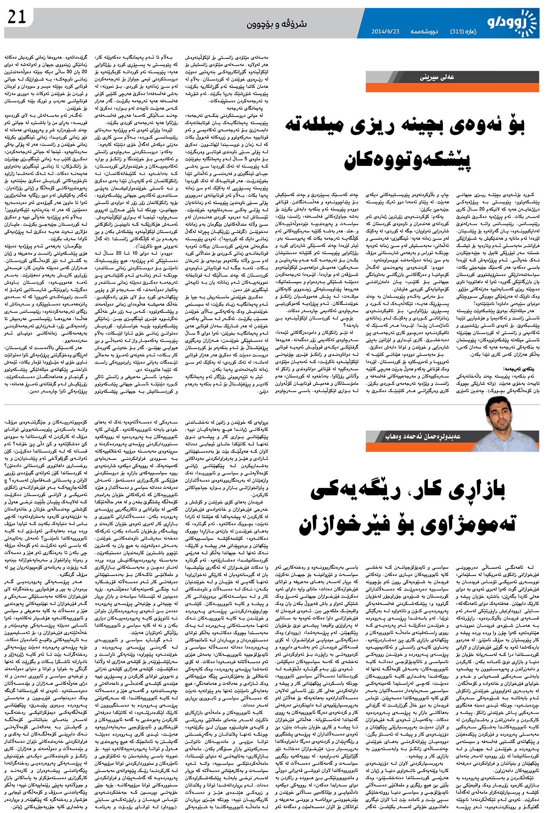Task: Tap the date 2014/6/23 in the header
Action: [x=385, y=31]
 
